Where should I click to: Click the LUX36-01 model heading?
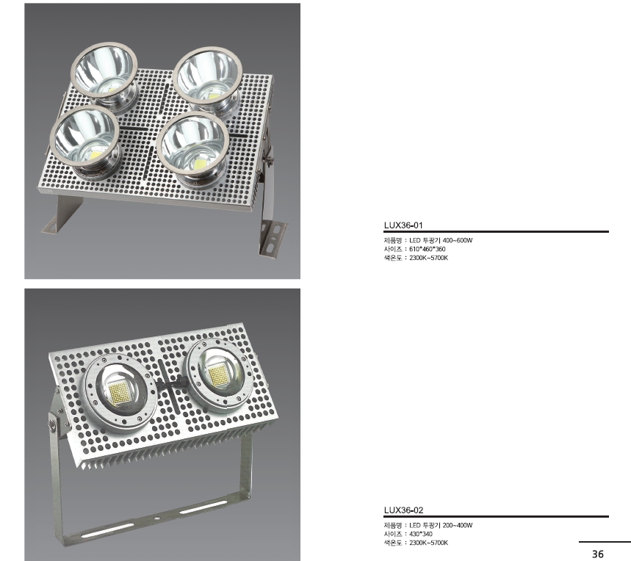pyautogui.click(x=403, y=225)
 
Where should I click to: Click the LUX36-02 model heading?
pyautogui.click(x=403, y=510)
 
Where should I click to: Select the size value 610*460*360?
pyautogui.click(x=428, y=249)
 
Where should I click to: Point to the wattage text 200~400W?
pyautogui.click(x=458, y=525)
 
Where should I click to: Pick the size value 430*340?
pyautogui.click(x=421, y=534)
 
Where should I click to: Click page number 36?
pyautogui.click(x=598, y=554)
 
